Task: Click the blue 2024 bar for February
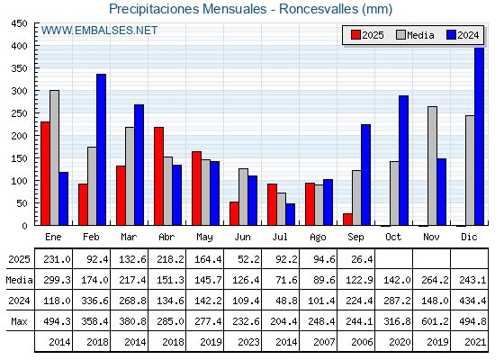pyautogui.click(x=101, y=149)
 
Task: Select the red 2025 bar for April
pyautogui.click(x=158, y=176)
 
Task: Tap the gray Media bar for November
pyautogui.click(x=432, y=166)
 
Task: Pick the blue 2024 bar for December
pyautogui.click(x=479, y=136)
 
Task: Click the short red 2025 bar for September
pyautogui.click(x=347, y=220)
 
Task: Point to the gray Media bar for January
pyautogui.click(x=54, y=157)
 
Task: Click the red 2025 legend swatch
pyautogui.click(x=355, y=35)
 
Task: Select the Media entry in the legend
pyautogui.click(x=415, y=35)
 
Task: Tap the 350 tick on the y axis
pyautogui.click(x=19, y=68)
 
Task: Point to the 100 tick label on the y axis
pyautogui.click(x=19, y=181)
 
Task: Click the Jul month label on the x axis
pyautogui.click(x=280, y=237)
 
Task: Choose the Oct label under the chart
pyautogui.click(x=393, y=237)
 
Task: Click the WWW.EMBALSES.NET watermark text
pyautogui.click(x=99, y=31)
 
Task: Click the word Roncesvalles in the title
pyautogui.click(x=319, y=9)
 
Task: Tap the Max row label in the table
pyautogui.click(x=19, y=321)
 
